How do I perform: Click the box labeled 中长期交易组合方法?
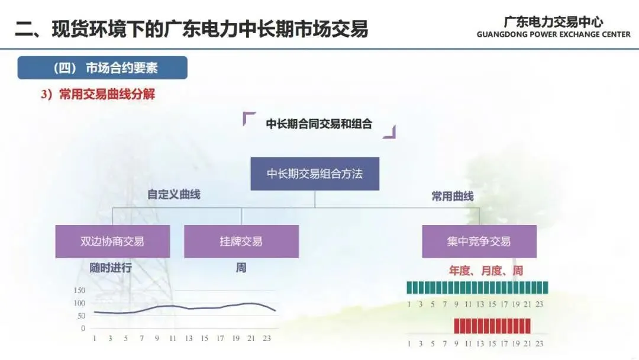(315, 173)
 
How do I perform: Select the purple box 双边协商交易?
(112, 242)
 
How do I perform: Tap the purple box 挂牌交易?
(241, 242)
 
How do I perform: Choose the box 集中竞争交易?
(479, 242)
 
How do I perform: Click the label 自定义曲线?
(174, 194)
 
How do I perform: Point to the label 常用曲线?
(453, 197)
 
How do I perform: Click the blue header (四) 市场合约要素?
(102, 68)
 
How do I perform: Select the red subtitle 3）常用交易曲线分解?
(98, 95)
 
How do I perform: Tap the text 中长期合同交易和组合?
(319, 124)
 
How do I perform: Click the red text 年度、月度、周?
(486, 271)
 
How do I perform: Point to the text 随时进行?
(111, 268)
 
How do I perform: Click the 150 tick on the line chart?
(79, 290)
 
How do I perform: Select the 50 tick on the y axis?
(81, 316)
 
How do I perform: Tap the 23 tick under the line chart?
(266, 338)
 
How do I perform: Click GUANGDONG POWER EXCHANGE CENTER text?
(554, 34)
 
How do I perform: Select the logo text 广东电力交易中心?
(554, 21)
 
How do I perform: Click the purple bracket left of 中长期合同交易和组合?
(249, 118)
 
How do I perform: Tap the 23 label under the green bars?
(539, 304)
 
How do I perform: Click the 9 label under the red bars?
(456, 343)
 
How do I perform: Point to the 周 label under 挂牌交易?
(241, 268)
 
